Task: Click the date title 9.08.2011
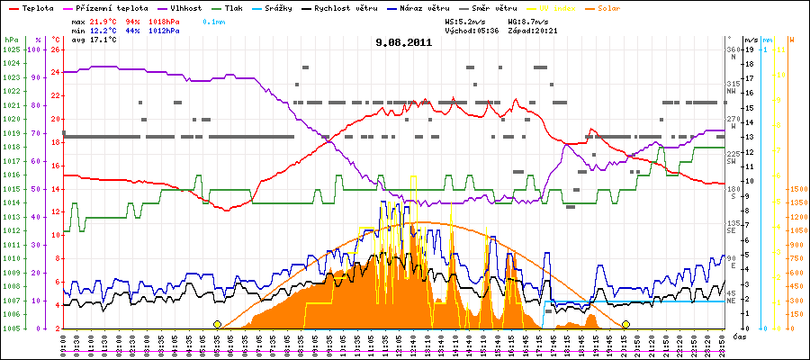tap(404, 41)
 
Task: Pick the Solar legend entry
tap(622, 7)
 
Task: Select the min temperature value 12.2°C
tap(104, 30)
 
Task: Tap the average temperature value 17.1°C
tap(104, 40)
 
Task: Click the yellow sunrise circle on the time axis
tap(217, 324)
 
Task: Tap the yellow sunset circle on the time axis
tap(625, 324)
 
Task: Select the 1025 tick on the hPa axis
tap(11, 49)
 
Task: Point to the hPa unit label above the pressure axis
tap(11, 40)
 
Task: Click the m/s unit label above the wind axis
tap(751, 40)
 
